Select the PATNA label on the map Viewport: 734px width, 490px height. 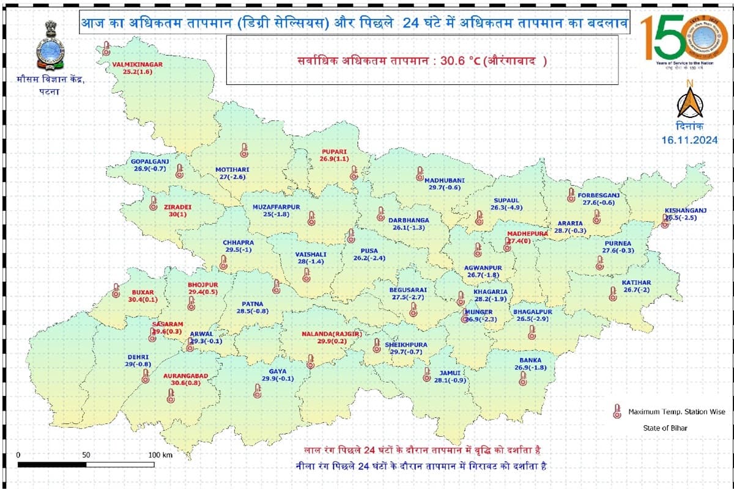point(253,304)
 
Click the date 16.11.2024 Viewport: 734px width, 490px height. point(689,140)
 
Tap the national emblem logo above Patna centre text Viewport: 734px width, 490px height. point(50,46)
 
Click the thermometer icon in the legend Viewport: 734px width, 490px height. point(617,412)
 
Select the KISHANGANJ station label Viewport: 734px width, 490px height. point(686,211)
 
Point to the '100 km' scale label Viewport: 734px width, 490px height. point(160,455)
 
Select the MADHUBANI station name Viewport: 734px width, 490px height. point(445,180)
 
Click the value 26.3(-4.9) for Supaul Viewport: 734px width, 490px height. point(506,208)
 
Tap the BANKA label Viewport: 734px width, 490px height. point(530,360)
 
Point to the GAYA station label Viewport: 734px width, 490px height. point(278,371)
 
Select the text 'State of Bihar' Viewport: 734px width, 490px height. point(664,428)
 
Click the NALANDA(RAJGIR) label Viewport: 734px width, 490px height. point(332,334)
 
